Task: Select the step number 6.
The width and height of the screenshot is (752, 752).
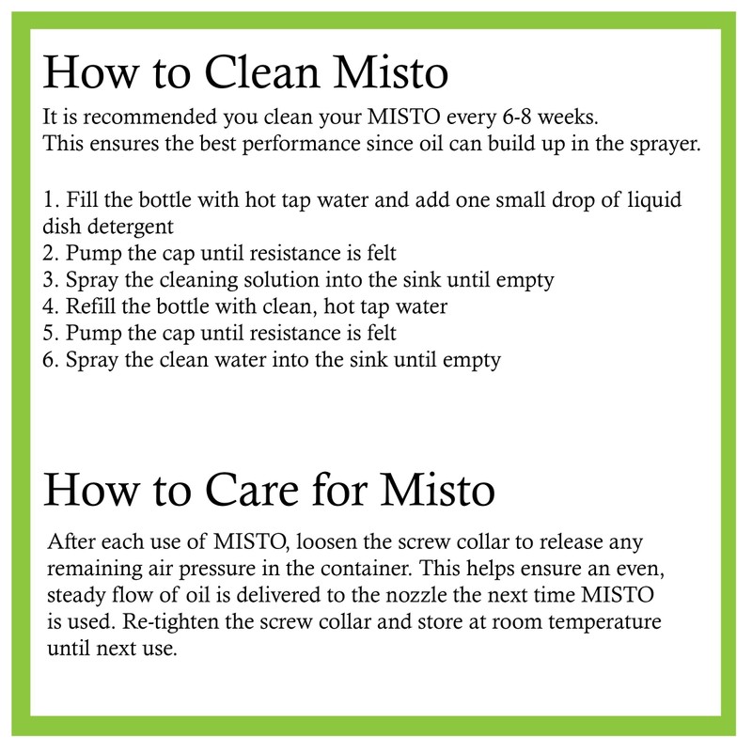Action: [x=49, y=360]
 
